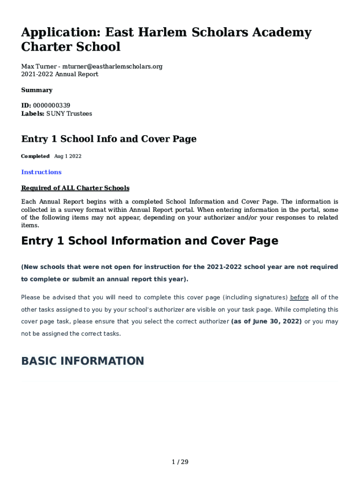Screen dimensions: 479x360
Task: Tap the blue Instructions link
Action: coord(41,172)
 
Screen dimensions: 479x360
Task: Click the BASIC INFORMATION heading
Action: coord(82,361)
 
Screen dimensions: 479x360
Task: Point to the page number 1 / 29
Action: coord(180,462)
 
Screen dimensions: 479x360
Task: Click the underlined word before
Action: coord(299,298)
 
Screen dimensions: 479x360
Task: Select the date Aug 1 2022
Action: coord(68,156)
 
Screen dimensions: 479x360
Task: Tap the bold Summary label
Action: coord(37,90)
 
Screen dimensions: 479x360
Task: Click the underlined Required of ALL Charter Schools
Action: coord(75,188)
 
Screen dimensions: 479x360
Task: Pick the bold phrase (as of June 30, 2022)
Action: coord(266,322)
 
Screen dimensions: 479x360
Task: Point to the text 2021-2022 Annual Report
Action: coord(60,74)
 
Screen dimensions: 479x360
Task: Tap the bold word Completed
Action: coord(36,156)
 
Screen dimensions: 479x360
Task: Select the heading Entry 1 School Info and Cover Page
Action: coord(109,139)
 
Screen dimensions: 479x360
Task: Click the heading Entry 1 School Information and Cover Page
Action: coord(150,241)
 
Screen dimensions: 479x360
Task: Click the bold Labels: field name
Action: coord(33,114)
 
